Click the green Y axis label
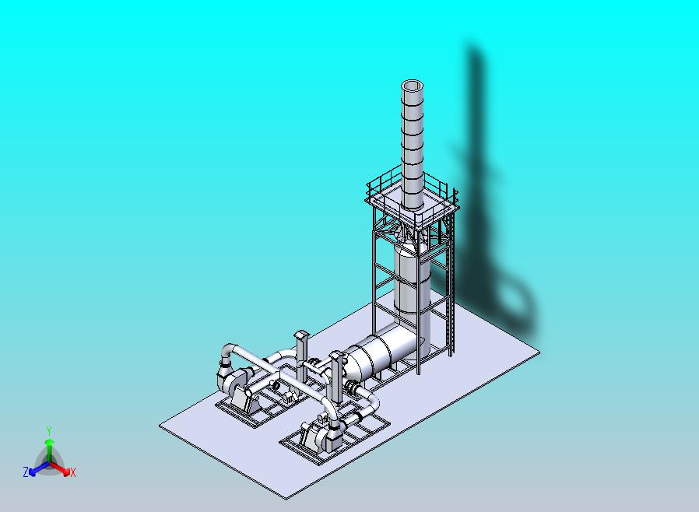pyautogui.click(x=49, y=431)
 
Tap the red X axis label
pyautogui.click(x=73, y=473)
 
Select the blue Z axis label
pyautogui.click(x=26, y=472)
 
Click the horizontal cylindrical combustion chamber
pyautogui.click(x=385, y=351)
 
